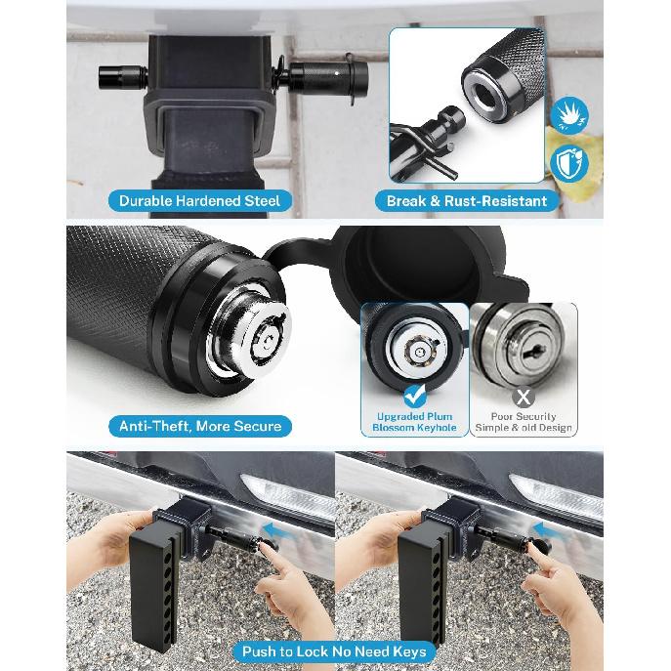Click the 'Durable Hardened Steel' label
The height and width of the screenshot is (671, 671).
(x=198, y=201)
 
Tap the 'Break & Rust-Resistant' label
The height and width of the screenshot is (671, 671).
(x=467, y=201)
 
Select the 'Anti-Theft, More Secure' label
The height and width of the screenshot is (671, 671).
(x=199, y=426)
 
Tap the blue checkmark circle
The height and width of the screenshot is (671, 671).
(x=414, y=396)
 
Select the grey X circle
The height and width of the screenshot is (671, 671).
(x=524, y=396)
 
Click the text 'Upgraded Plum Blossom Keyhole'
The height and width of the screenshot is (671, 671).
(x=415, y=422)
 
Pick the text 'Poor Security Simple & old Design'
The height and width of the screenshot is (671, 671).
(x=524, y=422)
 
